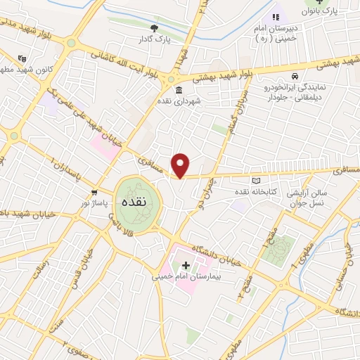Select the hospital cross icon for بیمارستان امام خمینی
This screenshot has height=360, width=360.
click(186, 265)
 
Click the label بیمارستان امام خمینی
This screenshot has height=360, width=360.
click(186, 276)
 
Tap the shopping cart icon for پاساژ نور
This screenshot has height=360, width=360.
click(94, 192)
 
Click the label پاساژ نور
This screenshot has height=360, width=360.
click(92, 202)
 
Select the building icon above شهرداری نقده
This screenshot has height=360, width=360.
click(176, 91)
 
